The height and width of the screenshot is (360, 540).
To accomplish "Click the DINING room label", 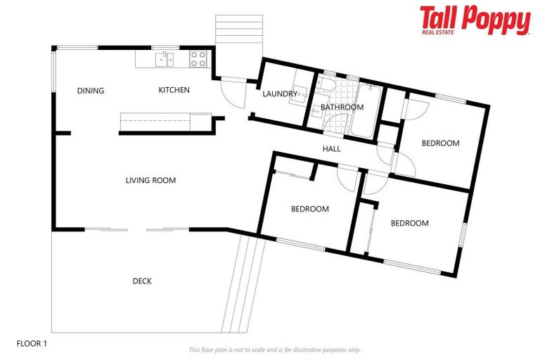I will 91,91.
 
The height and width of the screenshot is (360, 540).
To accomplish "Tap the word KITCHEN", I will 174,90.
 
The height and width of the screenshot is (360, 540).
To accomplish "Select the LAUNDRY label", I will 280,94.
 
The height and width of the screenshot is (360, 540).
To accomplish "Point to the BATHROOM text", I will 342,108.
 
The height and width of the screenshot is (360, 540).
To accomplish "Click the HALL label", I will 332,149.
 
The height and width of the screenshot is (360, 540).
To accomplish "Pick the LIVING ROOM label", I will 150,181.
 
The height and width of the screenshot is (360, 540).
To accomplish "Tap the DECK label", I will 142,281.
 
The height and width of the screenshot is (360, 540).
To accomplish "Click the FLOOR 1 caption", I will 32,344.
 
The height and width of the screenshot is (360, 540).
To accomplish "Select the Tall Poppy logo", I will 475,20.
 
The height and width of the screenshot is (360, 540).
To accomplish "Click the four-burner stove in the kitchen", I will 198,59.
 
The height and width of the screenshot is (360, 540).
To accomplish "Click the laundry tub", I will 299,94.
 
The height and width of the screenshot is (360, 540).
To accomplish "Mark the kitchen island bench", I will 165,122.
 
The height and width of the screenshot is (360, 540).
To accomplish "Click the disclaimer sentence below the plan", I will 274,349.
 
